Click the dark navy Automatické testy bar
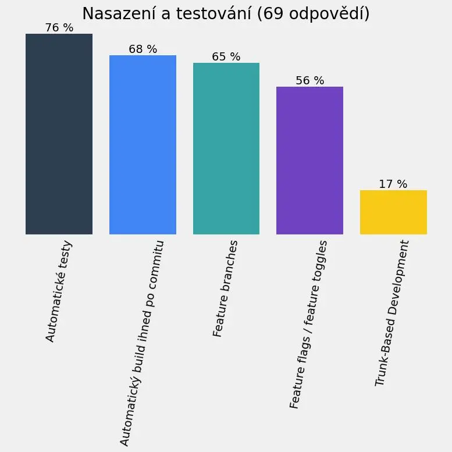(59, 134)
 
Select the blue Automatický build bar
(143, 145)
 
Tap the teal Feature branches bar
(226, 148)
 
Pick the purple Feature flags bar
(309, 161)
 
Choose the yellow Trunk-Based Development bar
(393, 212)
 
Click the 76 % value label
(59, 27)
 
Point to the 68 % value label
(143, 49)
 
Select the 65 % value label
(226, 56)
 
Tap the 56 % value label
(310, 80)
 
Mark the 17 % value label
(393, 184)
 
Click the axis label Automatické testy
(58, 291)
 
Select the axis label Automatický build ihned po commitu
(142, 343)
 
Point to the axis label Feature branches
(226, 288)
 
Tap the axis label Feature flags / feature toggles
(308, 324)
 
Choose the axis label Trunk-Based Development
(392, 313)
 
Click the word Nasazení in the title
(118, 13)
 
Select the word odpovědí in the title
(327, 15)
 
